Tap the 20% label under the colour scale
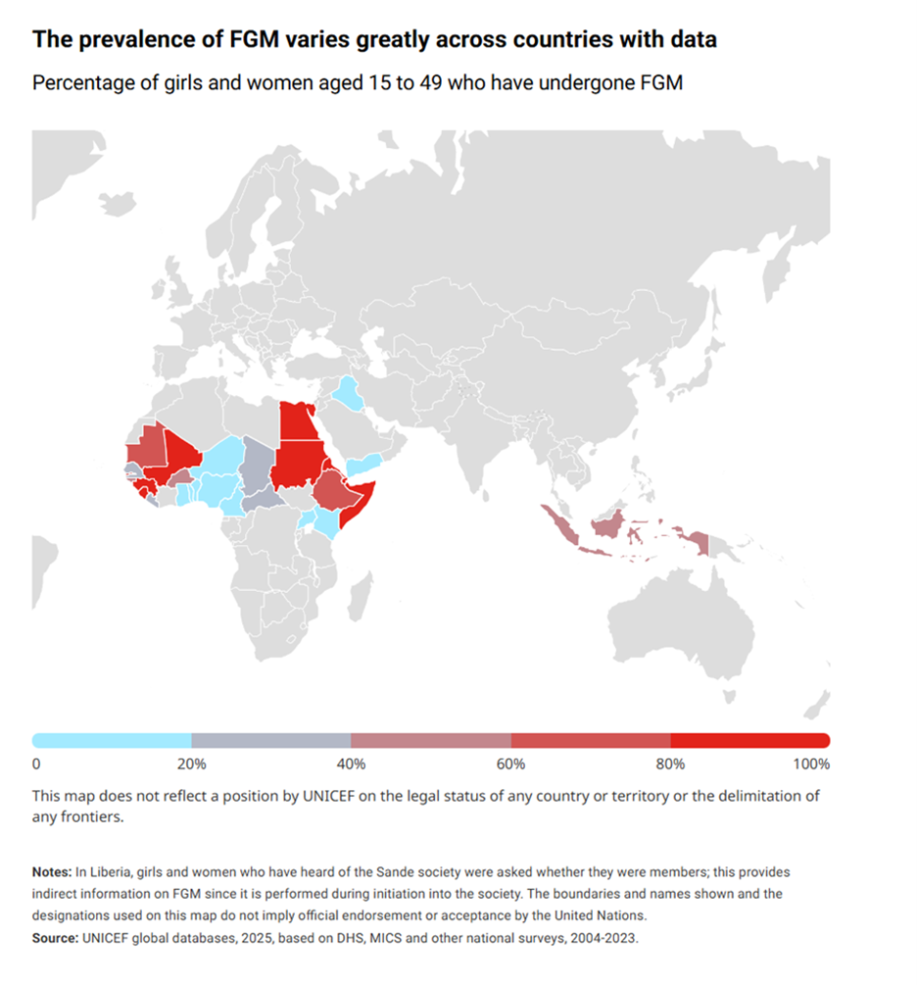coord(192,763)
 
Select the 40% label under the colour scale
coord(352,763)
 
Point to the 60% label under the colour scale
coord(511,763)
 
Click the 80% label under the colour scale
coord(671,763)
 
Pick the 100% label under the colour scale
coord(812,763)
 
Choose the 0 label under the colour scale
coord(36,763)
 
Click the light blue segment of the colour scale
coord(113,740)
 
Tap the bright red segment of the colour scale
coord(750,740)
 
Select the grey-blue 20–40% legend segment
coord(271,740)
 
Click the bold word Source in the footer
coord(58,938)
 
